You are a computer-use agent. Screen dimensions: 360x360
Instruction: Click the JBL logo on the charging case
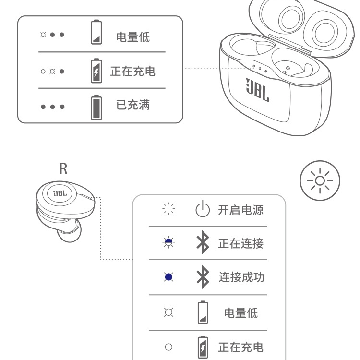pos(258,89)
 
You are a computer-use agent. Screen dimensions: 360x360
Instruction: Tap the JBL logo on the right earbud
pos(60,194)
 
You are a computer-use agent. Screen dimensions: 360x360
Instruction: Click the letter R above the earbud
pos(63,168)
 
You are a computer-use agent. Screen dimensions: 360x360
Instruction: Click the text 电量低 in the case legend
pos(133,37)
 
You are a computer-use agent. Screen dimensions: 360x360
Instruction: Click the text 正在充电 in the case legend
pos(133,72)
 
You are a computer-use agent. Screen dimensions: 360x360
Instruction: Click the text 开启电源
pos(241,210)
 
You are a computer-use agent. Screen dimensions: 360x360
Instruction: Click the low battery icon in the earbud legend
pos(203,313)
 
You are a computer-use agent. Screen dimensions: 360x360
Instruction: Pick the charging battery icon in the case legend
pos(96,72)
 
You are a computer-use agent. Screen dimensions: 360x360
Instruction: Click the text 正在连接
pos(241,243)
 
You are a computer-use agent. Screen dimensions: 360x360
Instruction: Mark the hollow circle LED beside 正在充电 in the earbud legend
pos(168,347)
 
